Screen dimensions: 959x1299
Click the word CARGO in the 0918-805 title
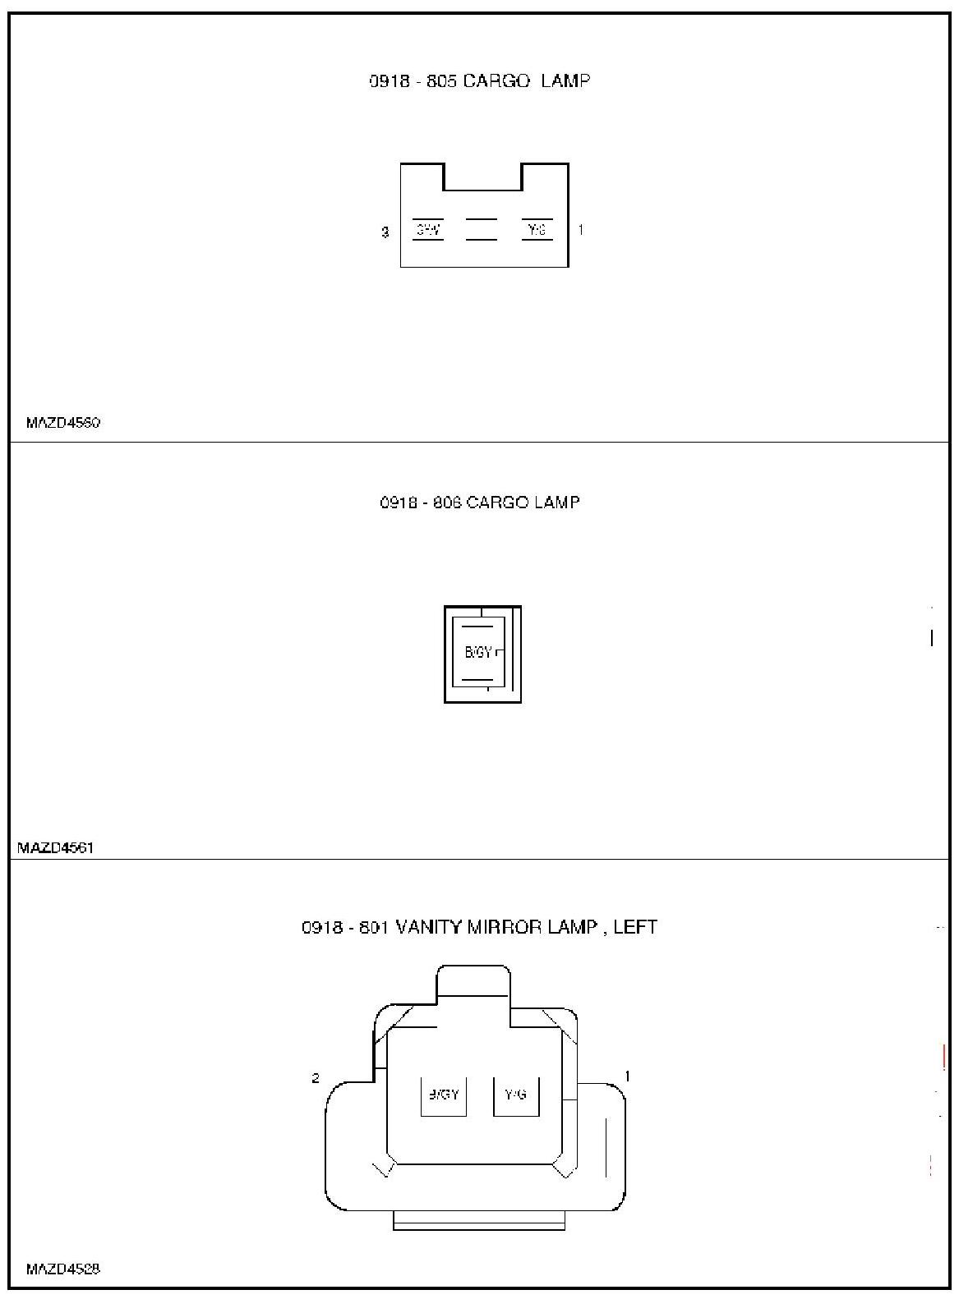(496, 80)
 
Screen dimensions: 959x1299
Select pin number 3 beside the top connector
(385, 232)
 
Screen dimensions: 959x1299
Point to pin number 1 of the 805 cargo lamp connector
(581, 230)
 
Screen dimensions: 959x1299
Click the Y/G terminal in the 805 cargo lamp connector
(537, 230)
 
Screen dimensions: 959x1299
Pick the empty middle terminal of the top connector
(482, 230)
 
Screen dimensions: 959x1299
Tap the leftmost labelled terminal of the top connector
(427, 230)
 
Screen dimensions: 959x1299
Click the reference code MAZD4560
(63, 423)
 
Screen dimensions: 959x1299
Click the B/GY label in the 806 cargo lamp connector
(478, 653)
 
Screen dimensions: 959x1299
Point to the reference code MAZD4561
(56, 847)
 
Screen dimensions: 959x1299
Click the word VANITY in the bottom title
(430, 927)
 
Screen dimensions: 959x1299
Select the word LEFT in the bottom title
(635, 927)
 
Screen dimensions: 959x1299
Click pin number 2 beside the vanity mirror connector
(316, 1078)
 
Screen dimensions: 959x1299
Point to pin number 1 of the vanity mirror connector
(628, 1076)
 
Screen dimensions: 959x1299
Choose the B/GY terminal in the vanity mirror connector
(444, 1095)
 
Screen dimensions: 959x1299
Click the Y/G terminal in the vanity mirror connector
(516, 1095)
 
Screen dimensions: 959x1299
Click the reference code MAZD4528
(63, 1269)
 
